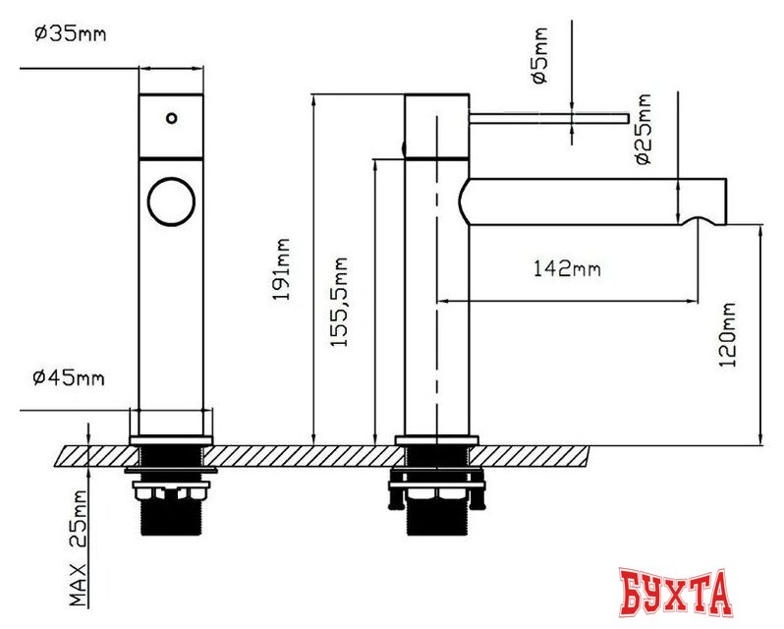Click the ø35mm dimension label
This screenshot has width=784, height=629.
[x=70, y=34]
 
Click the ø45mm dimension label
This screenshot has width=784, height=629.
[x=69, y=377]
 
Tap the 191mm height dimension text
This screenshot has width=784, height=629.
[x=282, y=269]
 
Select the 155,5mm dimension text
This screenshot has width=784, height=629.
[x=339, y=302]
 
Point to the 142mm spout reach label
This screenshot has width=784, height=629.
[x=567, y=269]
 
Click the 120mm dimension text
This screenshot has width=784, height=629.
[x=727, y=334]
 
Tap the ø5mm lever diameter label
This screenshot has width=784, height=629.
[x=540, y=55]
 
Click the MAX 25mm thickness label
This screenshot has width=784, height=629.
[x=78, y=548]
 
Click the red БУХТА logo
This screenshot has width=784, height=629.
[x=676, y=593]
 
